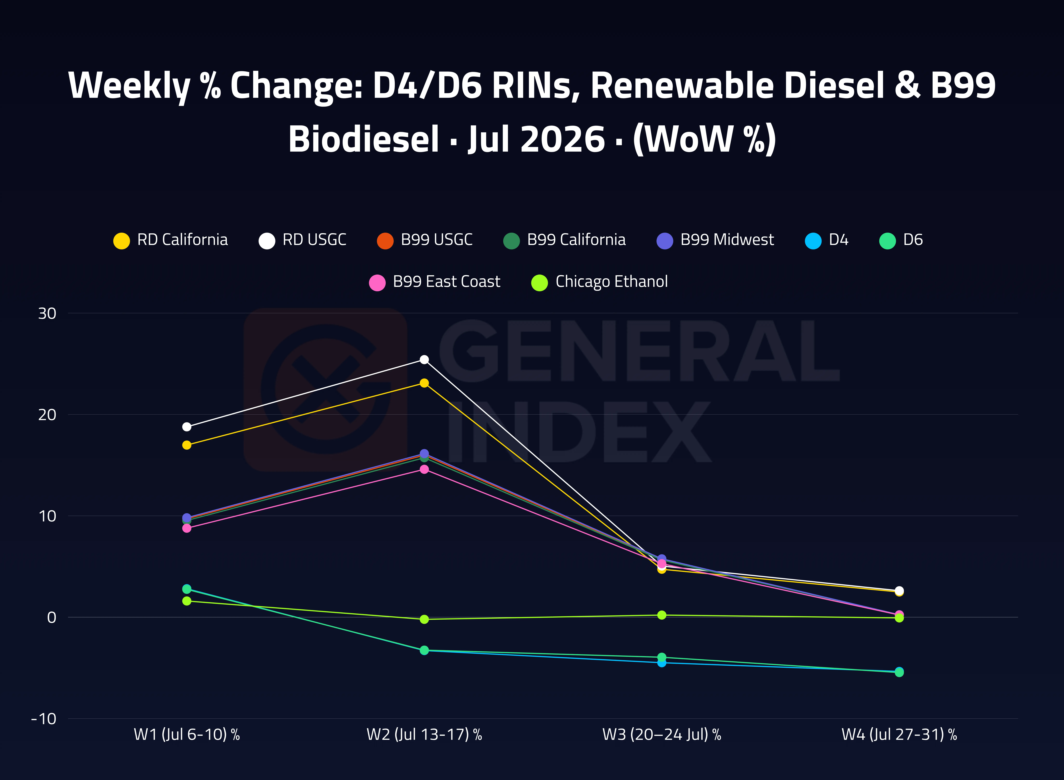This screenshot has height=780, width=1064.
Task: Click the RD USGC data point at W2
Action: tap(424, 360)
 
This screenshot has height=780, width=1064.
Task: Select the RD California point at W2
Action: tap(424, 383)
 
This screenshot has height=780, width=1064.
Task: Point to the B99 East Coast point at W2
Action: tap(424, 469)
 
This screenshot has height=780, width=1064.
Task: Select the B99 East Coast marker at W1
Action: tap(187, 528)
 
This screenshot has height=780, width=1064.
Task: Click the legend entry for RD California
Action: tap(171, 240)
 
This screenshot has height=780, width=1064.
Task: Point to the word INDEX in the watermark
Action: tap(579, 432)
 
